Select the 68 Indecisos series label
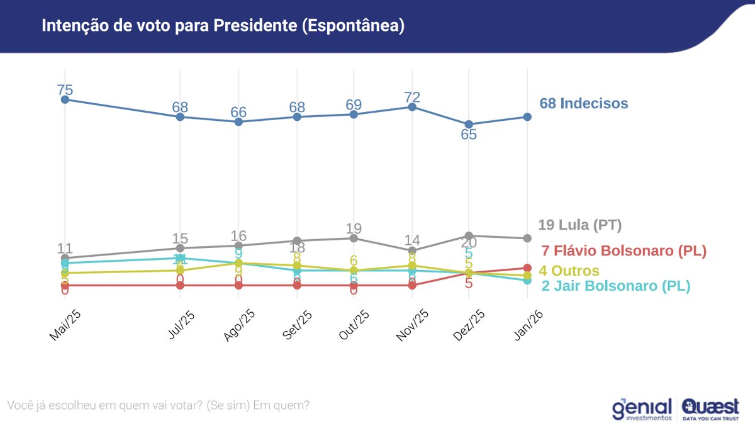tap(583, 103)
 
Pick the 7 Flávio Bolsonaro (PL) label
tap(624, 250)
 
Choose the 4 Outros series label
tap(569, 271)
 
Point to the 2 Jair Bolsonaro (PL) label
tap(615, 286)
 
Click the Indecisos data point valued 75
tap(64, 99)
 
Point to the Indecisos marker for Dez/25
tap(469, 124)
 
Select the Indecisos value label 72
tap(412, 98)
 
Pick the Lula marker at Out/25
tap(354, 238)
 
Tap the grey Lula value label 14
tap(412, 240)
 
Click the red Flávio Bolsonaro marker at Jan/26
tap(527, 268)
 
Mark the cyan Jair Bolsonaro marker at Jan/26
tap(527, 281)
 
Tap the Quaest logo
tap(710, 409)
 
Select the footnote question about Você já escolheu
tap(157, 405)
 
